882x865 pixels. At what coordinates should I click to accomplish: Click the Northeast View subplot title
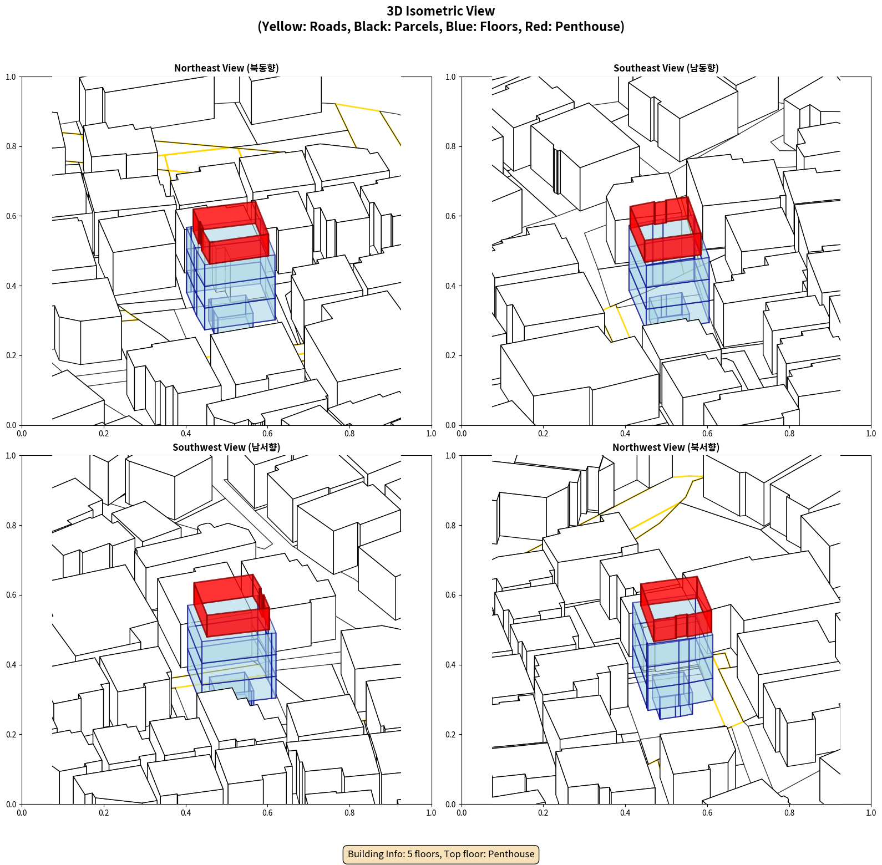[x=226, y=68]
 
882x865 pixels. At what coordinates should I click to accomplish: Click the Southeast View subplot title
[x=666, y=68]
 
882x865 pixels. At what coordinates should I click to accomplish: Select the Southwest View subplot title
[x=226, y=447]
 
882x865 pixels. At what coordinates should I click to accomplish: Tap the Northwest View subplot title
[x=666, y=447]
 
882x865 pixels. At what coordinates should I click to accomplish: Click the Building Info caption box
[x=441, y=854]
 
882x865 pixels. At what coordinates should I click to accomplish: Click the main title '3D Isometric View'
[x=441, y=11]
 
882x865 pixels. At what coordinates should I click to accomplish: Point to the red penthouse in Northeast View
[x=231, y=232]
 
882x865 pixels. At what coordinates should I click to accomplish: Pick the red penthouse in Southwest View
[x=232, y=605]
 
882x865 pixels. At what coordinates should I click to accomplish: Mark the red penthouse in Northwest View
[x=676, y=609]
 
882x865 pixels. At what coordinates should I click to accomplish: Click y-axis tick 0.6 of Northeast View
[x=11, y=216]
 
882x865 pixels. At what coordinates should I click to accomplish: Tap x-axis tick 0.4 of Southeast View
[x=625, y=434]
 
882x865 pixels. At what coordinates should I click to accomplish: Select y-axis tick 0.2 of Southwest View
[x=11, y=735]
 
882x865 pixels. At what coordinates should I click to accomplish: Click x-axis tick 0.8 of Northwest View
[x=789, y=813]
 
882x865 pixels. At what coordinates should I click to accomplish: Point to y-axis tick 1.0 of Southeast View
[x=450, y=77]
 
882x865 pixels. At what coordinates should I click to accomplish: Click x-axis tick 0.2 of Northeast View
[x=104, y=434]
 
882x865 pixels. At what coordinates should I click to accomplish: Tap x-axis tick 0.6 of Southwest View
[x=267, y=813]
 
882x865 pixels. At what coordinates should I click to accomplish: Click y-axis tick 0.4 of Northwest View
[x=450, y=665]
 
